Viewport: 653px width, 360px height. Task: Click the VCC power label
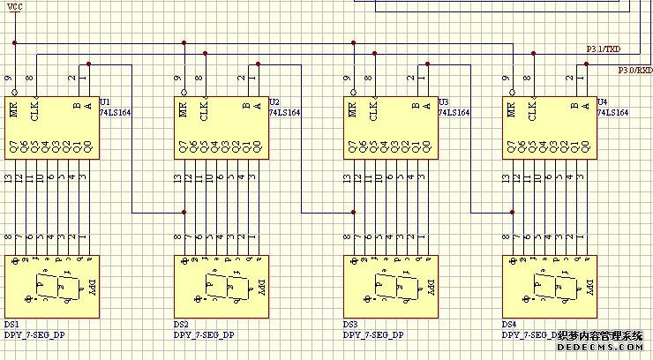click(x=16, y=8)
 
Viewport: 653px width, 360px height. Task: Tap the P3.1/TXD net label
click(x=604, y=49)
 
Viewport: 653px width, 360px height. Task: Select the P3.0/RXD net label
click(x=634, y=69)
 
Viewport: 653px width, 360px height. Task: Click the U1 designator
click(x=105, y=102)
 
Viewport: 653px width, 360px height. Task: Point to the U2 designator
click(x=274, y=102)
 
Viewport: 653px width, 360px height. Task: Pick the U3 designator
click(x=443, y=102)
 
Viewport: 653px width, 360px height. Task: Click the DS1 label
click(x=12, y=325)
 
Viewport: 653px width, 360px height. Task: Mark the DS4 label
click(x=509, y=325)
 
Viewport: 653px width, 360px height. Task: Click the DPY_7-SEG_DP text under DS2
click(x=204, y=335)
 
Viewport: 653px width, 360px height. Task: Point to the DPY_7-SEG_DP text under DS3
click(x=373, y=335)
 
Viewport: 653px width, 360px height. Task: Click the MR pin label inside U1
click(x=14, y=111)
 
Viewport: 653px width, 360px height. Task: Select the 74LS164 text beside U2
click(x=284, y=113)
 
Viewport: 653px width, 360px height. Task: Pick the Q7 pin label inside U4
click(x=509, y=147)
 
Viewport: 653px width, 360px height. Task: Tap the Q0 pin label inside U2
click(x=257, y=147)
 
